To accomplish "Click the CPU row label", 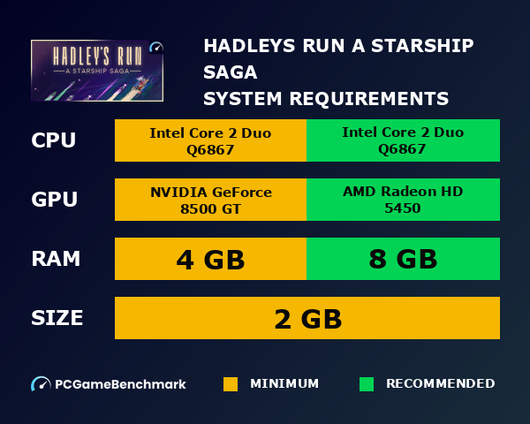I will pos(54,140).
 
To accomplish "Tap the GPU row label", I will pos(55,200).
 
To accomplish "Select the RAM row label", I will pos(56,259).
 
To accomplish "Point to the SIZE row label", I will pos(57,318).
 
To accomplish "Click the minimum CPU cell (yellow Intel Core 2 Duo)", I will pos(210,140).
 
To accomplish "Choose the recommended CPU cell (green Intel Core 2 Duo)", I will pos(403,140).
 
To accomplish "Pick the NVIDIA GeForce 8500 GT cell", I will pos(210,200).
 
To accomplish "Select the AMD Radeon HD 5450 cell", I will pos(403,200).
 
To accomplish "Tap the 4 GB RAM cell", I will pos(210,259).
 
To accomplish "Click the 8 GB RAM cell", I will pos(403,259).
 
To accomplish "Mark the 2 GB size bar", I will pos(307,318).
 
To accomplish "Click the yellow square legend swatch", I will pos(231,384).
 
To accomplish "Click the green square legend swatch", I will pos(367,384).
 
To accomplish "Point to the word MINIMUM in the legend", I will pos(284,384).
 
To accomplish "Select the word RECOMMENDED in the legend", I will pos(440,384).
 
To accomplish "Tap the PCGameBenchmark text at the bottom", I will pos(120,384).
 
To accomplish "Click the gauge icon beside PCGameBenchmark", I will pos(41,384).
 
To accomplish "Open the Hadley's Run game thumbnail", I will pos(97,72).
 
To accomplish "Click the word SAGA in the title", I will pos(231,72).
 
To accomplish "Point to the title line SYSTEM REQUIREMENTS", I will pos(326,97).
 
